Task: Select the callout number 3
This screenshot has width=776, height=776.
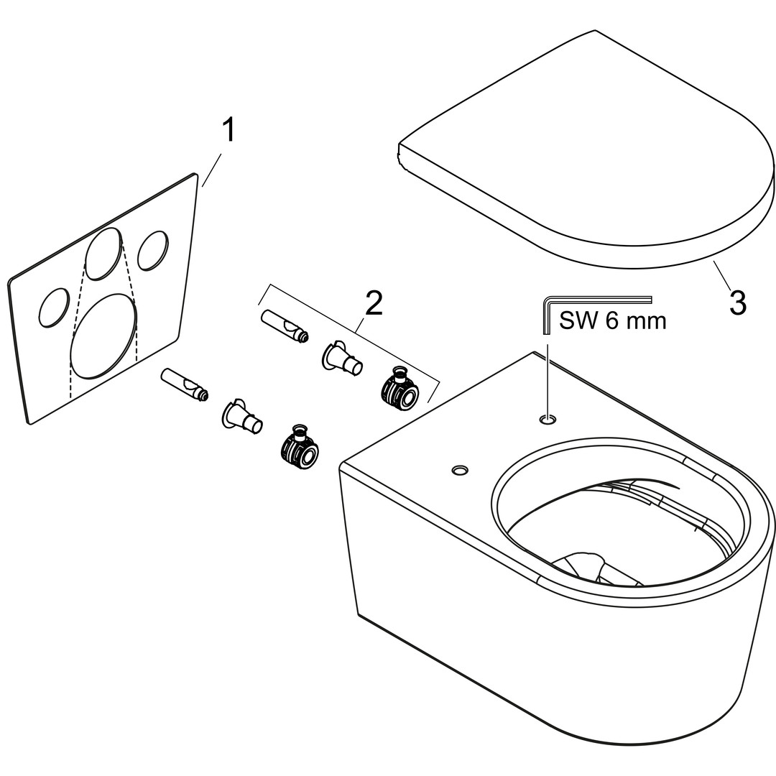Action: coord(737,302)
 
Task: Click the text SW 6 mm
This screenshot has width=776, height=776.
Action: coord(613,320)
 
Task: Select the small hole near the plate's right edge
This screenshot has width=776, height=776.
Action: coord(153,251)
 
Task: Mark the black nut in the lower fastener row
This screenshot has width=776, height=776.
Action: coord(299,446)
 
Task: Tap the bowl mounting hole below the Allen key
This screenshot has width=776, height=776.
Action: coord(548,420)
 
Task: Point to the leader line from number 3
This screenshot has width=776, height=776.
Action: coord(722,276)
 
